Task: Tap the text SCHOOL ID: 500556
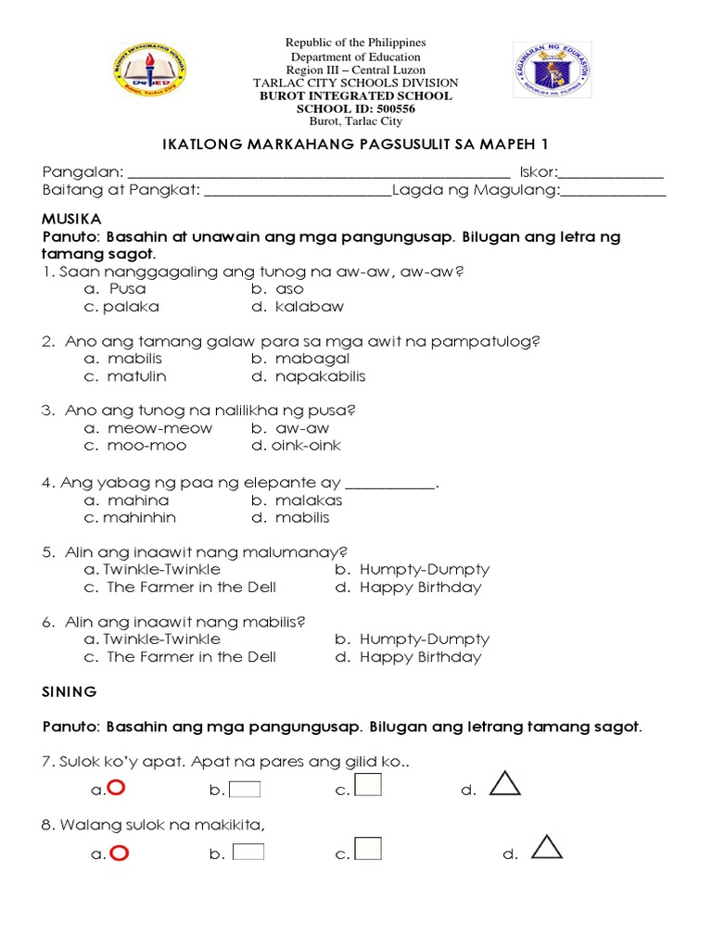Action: (x=355, y=108)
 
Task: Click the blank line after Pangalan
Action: (x=318, y=173)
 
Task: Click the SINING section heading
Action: (x=70, y=691)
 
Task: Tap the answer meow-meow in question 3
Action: (x=159, y=428)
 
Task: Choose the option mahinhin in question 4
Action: (x=139, y=517)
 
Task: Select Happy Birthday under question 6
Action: (x=421, y=657)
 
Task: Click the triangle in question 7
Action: (x=504, y=784)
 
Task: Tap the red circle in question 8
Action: (x=118, y=853)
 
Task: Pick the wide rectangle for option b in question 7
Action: (x=245, y=790)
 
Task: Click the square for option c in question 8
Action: (x=368, y=849)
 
